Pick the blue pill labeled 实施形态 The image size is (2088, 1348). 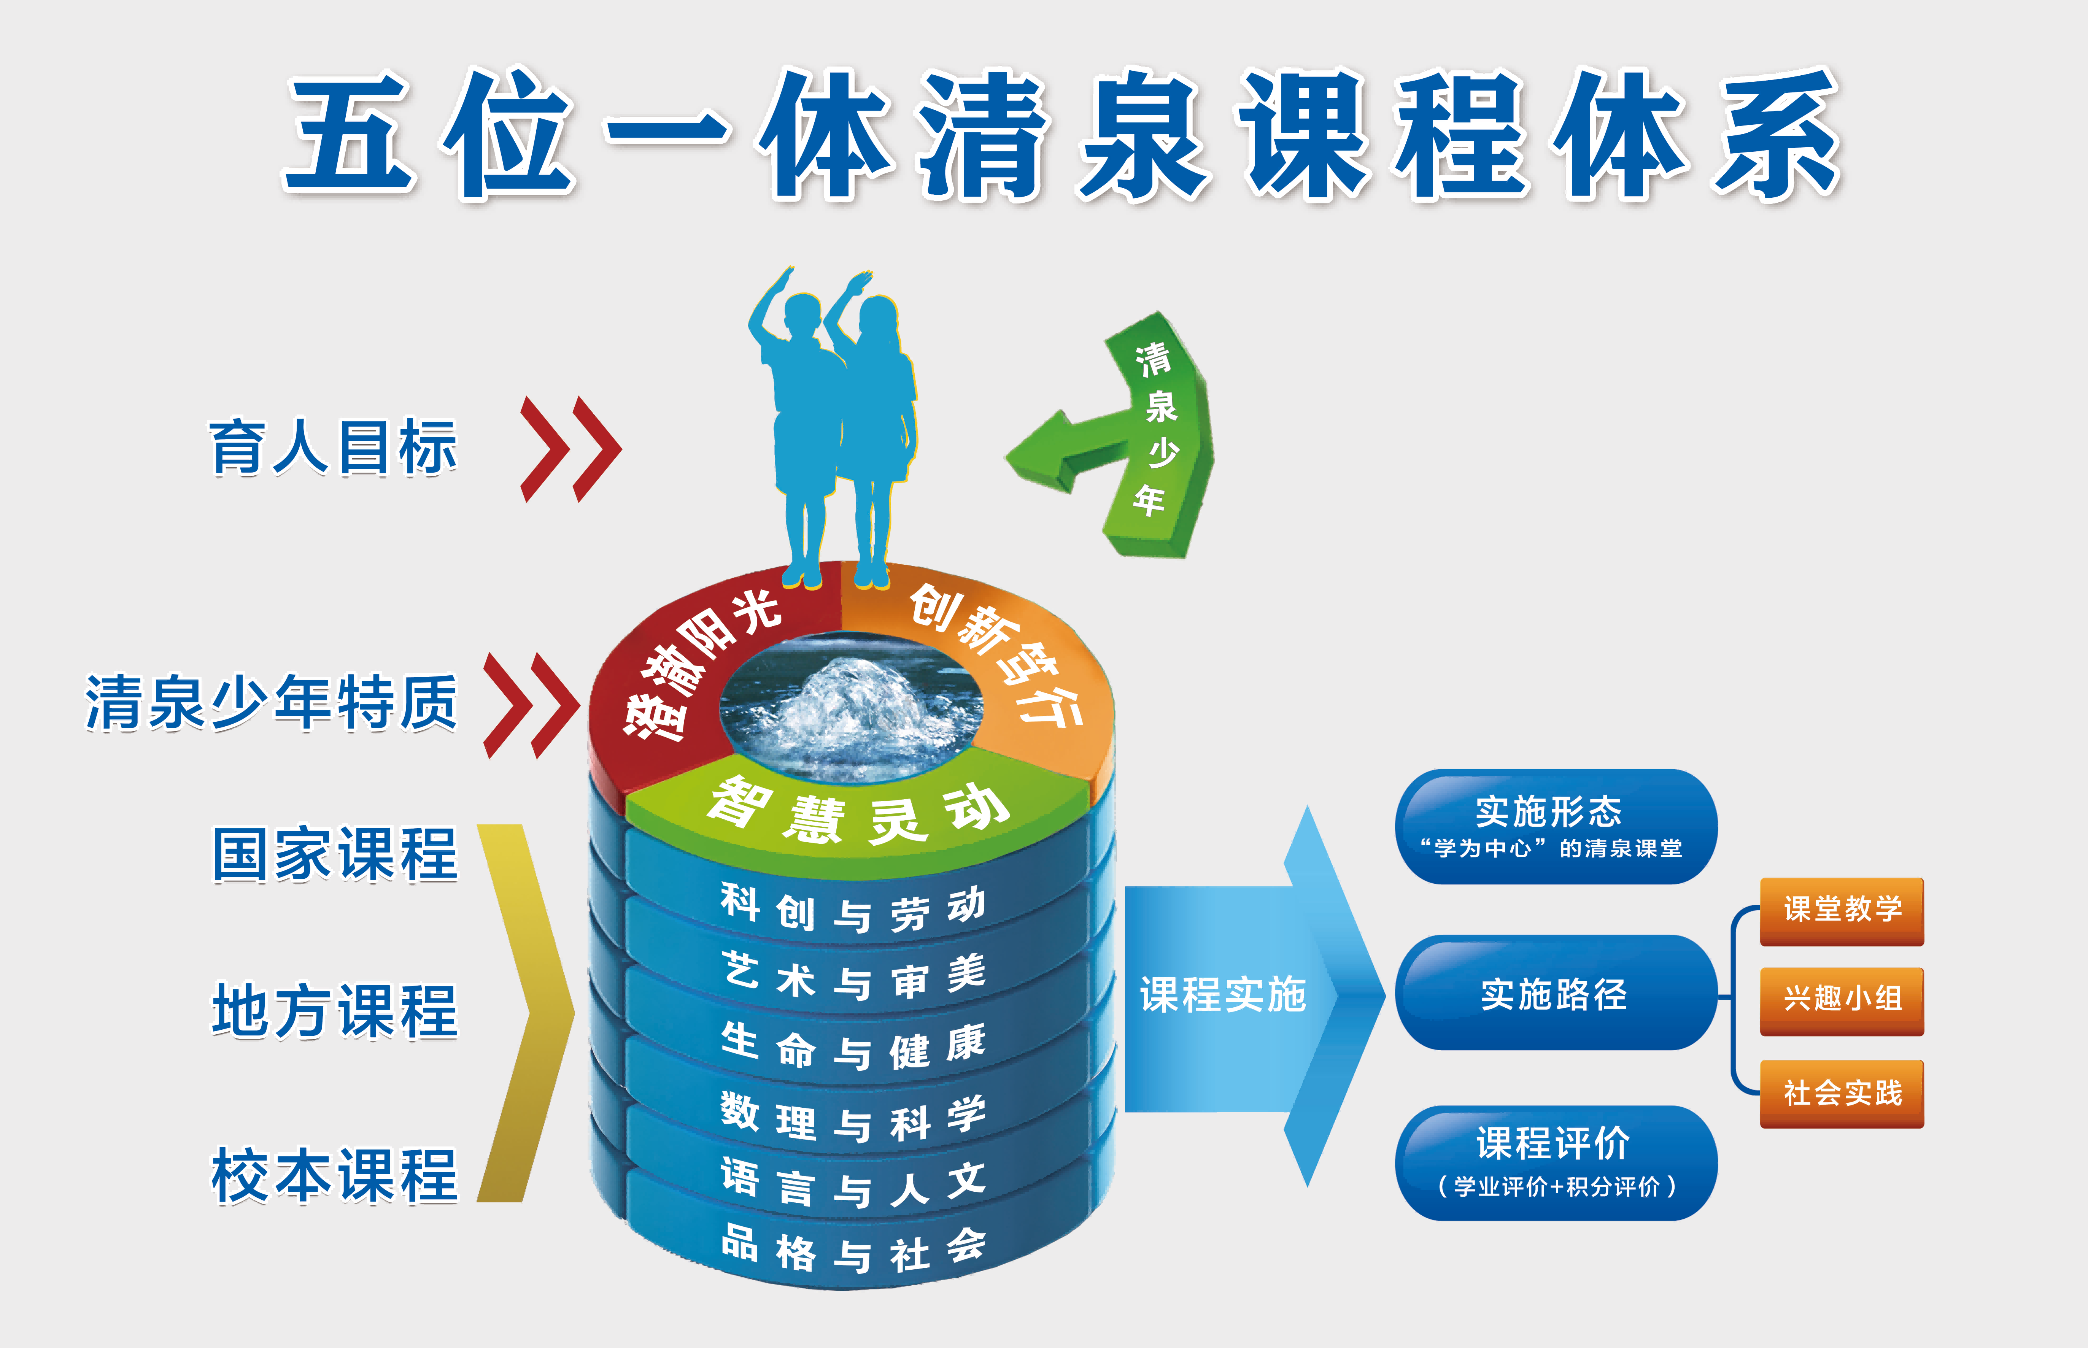click(1556, 826)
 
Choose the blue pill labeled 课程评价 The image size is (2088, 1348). click(1556, 1162)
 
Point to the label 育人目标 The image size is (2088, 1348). click(333, 447)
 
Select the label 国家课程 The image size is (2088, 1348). click(335, 854)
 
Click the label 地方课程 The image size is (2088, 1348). click(335, 1011)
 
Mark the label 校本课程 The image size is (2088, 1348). click(335, 1176)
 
